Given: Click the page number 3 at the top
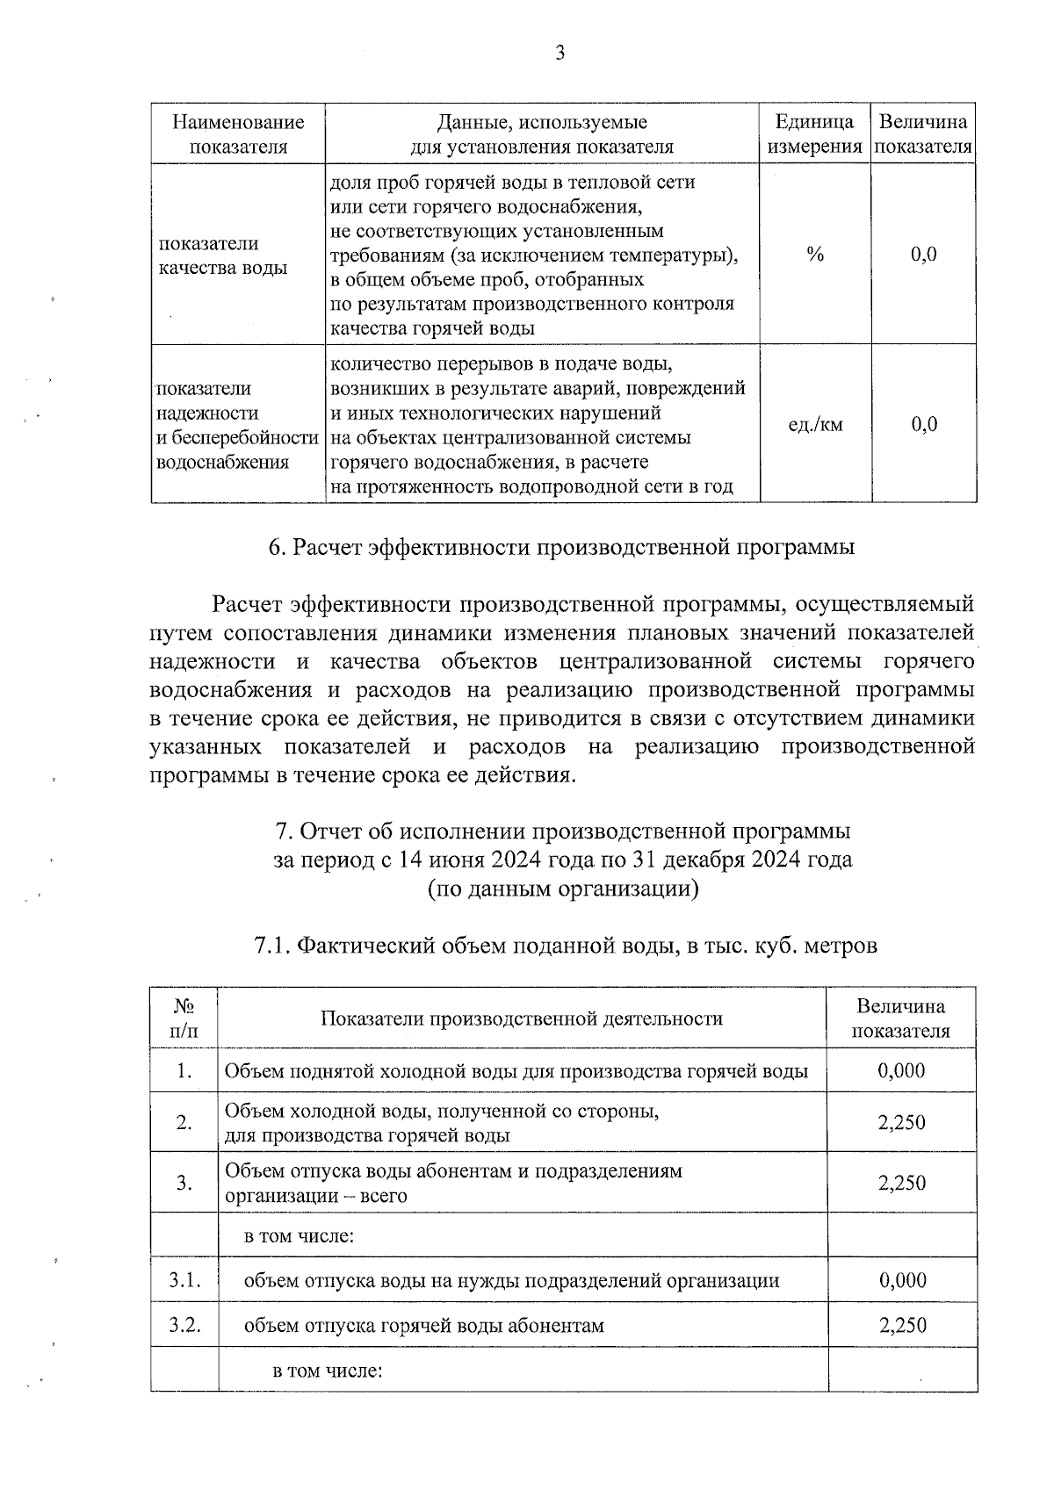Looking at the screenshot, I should pos(559,54).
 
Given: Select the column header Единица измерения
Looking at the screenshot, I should pos(814,134).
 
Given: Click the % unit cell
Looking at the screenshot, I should pos(815,255).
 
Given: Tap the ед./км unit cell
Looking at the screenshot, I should pos(815,425).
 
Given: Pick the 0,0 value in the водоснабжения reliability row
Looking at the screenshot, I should pos(923,425).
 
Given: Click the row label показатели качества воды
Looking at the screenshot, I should pos(222,256).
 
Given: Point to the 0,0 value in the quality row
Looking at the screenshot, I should pos(923,255).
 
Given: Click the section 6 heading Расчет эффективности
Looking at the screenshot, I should pos(561,547).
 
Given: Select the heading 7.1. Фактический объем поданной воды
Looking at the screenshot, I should pos(565,946).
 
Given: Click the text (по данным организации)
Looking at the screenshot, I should pos(563,889).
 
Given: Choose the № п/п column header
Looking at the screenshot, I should pos(184,1018).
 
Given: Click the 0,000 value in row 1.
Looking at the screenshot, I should pos(901,1070).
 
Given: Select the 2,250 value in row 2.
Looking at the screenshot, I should pos(901,1122).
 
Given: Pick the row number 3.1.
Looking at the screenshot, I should pos(184,1280).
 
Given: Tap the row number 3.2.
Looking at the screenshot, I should pos(184,1325).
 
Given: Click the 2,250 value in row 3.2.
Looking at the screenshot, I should pos(902,1325).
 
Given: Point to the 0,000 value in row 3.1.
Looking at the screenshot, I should pos(902,1280).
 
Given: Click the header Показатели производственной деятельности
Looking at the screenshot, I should pos(522,1019).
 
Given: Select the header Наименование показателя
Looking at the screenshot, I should pos(238,134).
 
